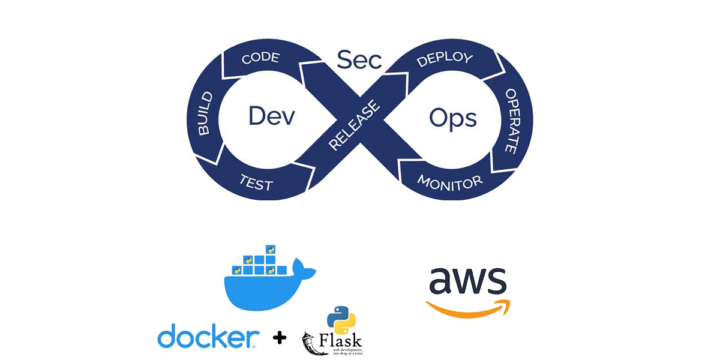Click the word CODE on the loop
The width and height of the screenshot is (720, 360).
click(x=260, y=58)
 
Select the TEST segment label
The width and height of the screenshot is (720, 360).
click(x=256, y=183)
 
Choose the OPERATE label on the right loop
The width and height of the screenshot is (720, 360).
click(x=511, y=121)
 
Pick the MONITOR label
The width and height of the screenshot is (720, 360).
click(x=449, y=181)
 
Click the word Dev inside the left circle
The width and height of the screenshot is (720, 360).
click(x=272, y=116)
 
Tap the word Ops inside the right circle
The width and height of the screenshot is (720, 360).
click(x=452, y=118)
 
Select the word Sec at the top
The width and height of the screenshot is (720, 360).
click(x=359, y=59)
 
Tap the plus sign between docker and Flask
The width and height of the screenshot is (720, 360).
click(x=280, y=338)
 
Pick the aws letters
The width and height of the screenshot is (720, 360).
click(x=467, y=280)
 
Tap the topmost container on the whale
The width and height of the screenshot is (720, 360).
click(x=271, y=249)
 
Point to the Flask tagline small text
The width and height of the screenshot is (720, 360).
click(x=347, y=351)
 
